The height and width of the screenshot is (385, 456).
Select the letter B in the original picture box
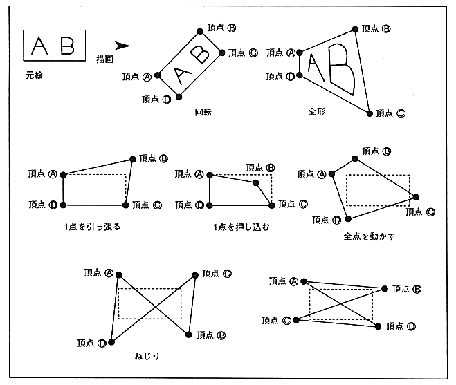coord(67,46)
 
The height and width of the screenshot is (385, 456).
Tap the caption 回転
coord(204,111)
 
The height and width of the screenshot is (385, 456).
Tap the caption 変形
coord(317,111)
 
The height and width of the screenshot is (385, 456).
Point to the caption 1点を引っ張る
coord(91,226)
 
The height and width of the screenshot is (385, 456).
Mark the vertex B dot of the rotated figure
coord(199,30)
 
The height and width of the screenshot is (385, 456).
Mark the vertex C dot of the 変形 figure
coord(369,113)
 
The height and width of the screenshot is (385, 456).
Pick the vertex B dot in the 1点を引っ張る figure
coord(133,158)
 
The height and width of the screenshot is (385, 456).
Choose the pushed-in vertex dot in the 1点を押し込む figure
coord(256,182)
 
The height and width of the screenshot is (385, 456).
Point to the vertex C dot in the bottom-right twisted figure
coord(295,320)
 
